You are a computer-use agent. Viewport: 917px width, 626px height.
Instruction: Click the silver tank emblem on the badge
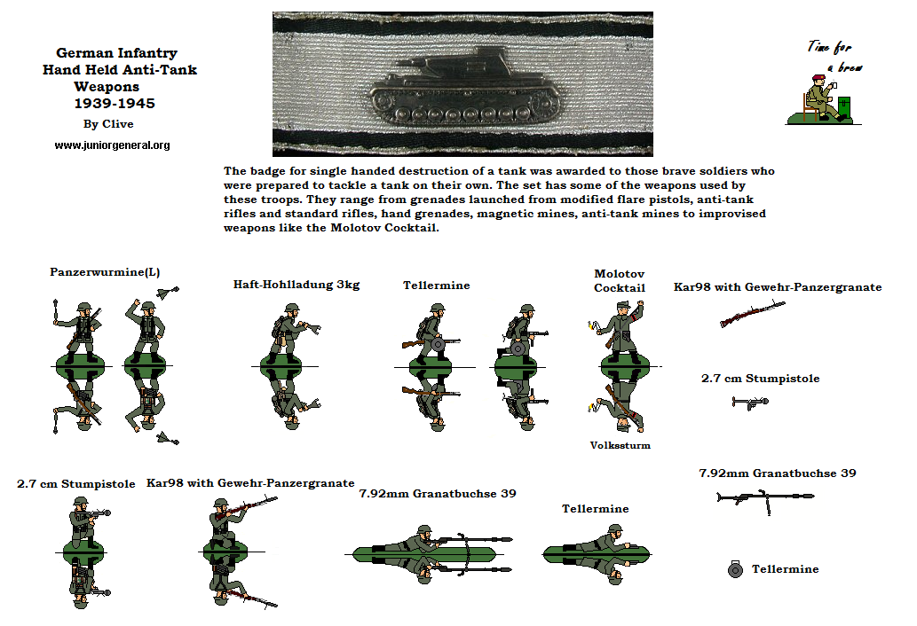click(462, 87)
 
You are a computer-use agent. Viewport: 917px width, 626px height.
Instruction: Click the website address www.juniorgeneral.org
click(112, 145)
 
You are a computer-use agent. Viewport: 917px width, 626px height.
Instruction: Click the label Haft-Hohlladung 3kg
click(296, 285)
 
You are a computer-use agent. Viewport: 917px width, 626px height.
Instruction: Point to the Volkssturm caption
click(621, 445)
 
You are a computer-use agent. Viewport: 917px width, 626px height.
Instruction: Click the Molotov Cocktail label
click(620, 281)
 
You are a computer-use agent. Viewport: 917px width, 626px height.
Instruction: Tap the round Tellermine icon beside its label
click(734, 569)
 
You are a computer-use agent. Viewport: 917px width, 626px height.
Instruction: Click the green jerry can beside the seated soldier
click(845, 108)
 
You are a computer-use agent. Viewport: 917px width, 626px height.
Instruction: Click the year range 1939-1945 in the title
click(114, 103)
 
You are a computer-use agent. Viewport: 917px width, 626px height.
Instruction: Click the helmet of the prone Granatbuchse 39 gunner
click(423, 530)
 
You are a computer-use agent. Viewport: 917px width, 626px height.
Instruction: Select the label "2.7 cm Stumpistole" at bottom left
click(76, 484)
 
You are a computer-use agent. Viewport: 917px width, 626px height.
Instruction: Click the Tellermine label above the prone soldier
click(595, 509)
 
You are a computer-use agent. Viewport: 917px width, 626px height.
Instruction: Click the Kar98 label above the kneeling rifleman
click(250, 483)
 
